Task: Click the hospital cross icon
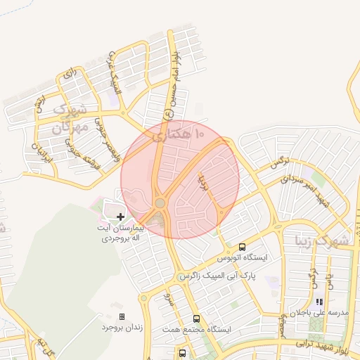[120, 217]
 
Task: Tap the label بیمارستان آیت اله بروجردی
[120, 233]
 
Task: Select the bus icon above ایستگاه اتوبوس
[243, 247]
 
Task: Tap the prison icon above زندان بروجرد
[122, 317]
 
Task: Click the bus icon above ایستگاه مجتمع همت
[196, 319]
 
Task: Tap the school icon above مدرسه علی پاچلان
[319, 302]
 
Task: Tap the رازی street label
[68, 73]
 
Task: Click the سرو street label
[167, 300]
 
